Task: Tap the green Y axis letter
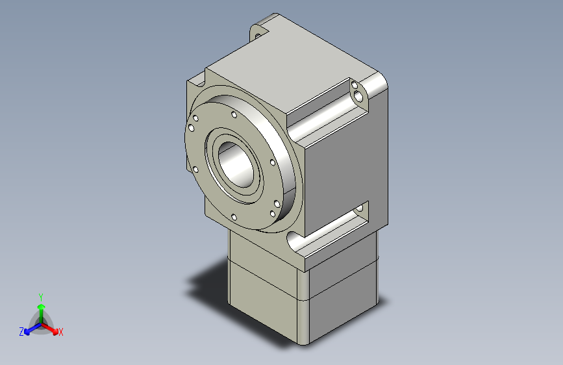pyautogui.click(x=41, y=296)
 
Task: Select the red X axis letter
pyautogui.click(x=61, y=332)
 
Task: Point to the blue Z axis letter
pyautogui.click(x=21, y=332)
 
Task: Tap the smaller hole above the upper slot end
pyautogui.click(x=355, y=84)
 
